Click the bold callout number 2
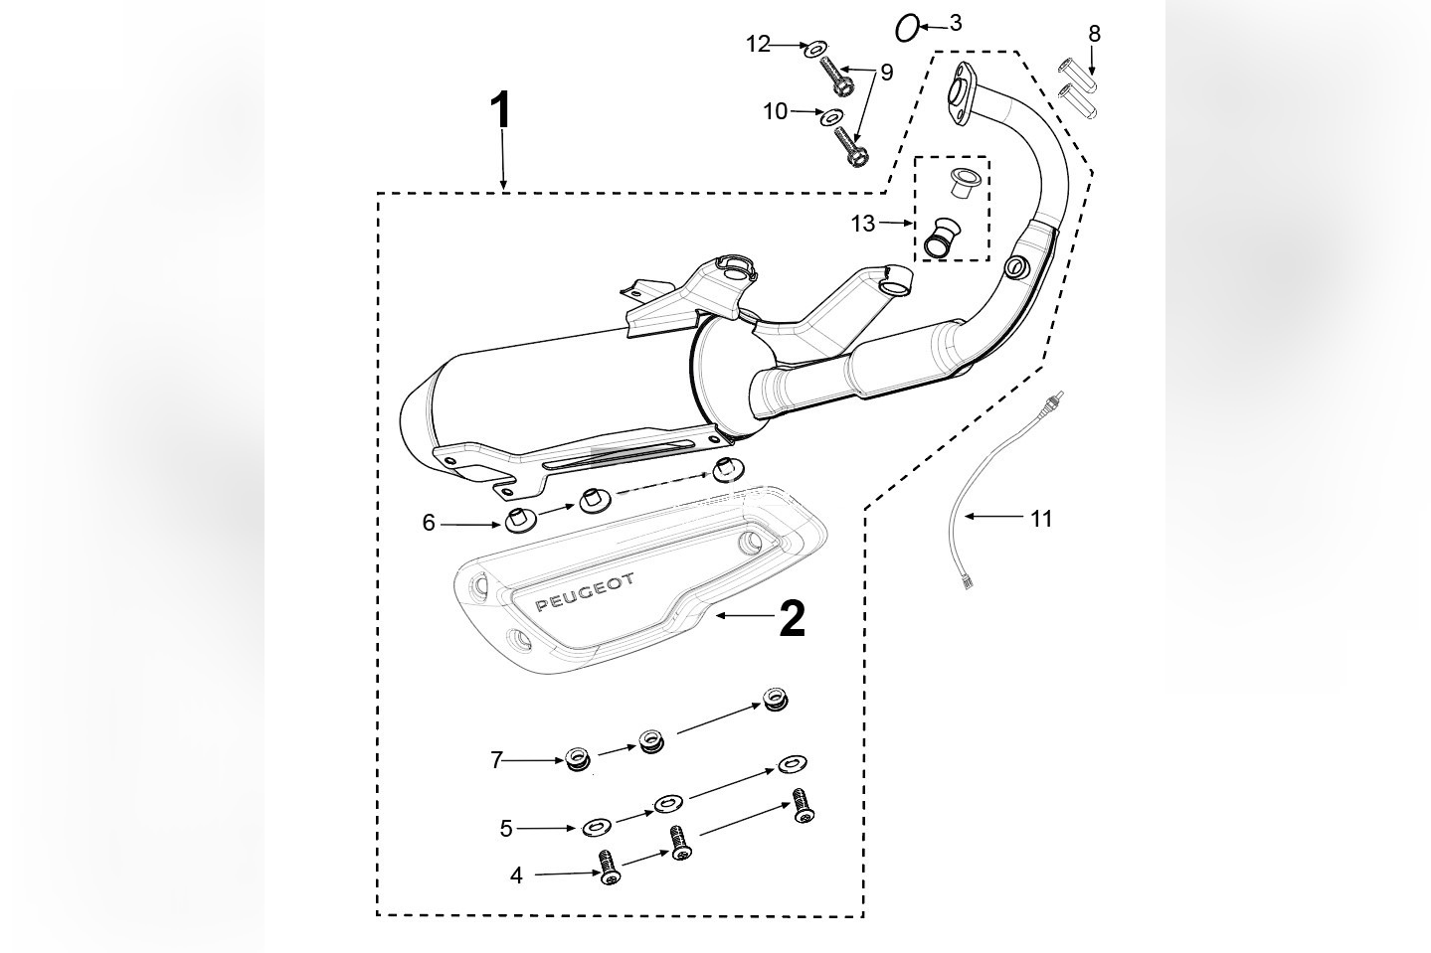792,618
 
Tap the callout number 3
955,23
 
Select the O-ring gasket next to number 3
907,29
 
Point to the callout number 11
1040,518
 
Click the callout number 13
862,224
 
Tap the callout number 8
1094,34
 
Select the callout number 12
758,44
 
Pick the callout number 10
775,111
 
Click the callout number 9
886,73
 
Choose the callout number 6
429,523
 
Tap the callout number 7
496,760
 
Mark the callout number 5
505,828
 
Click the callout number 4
515,875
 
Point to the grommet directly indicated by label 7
577,760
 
